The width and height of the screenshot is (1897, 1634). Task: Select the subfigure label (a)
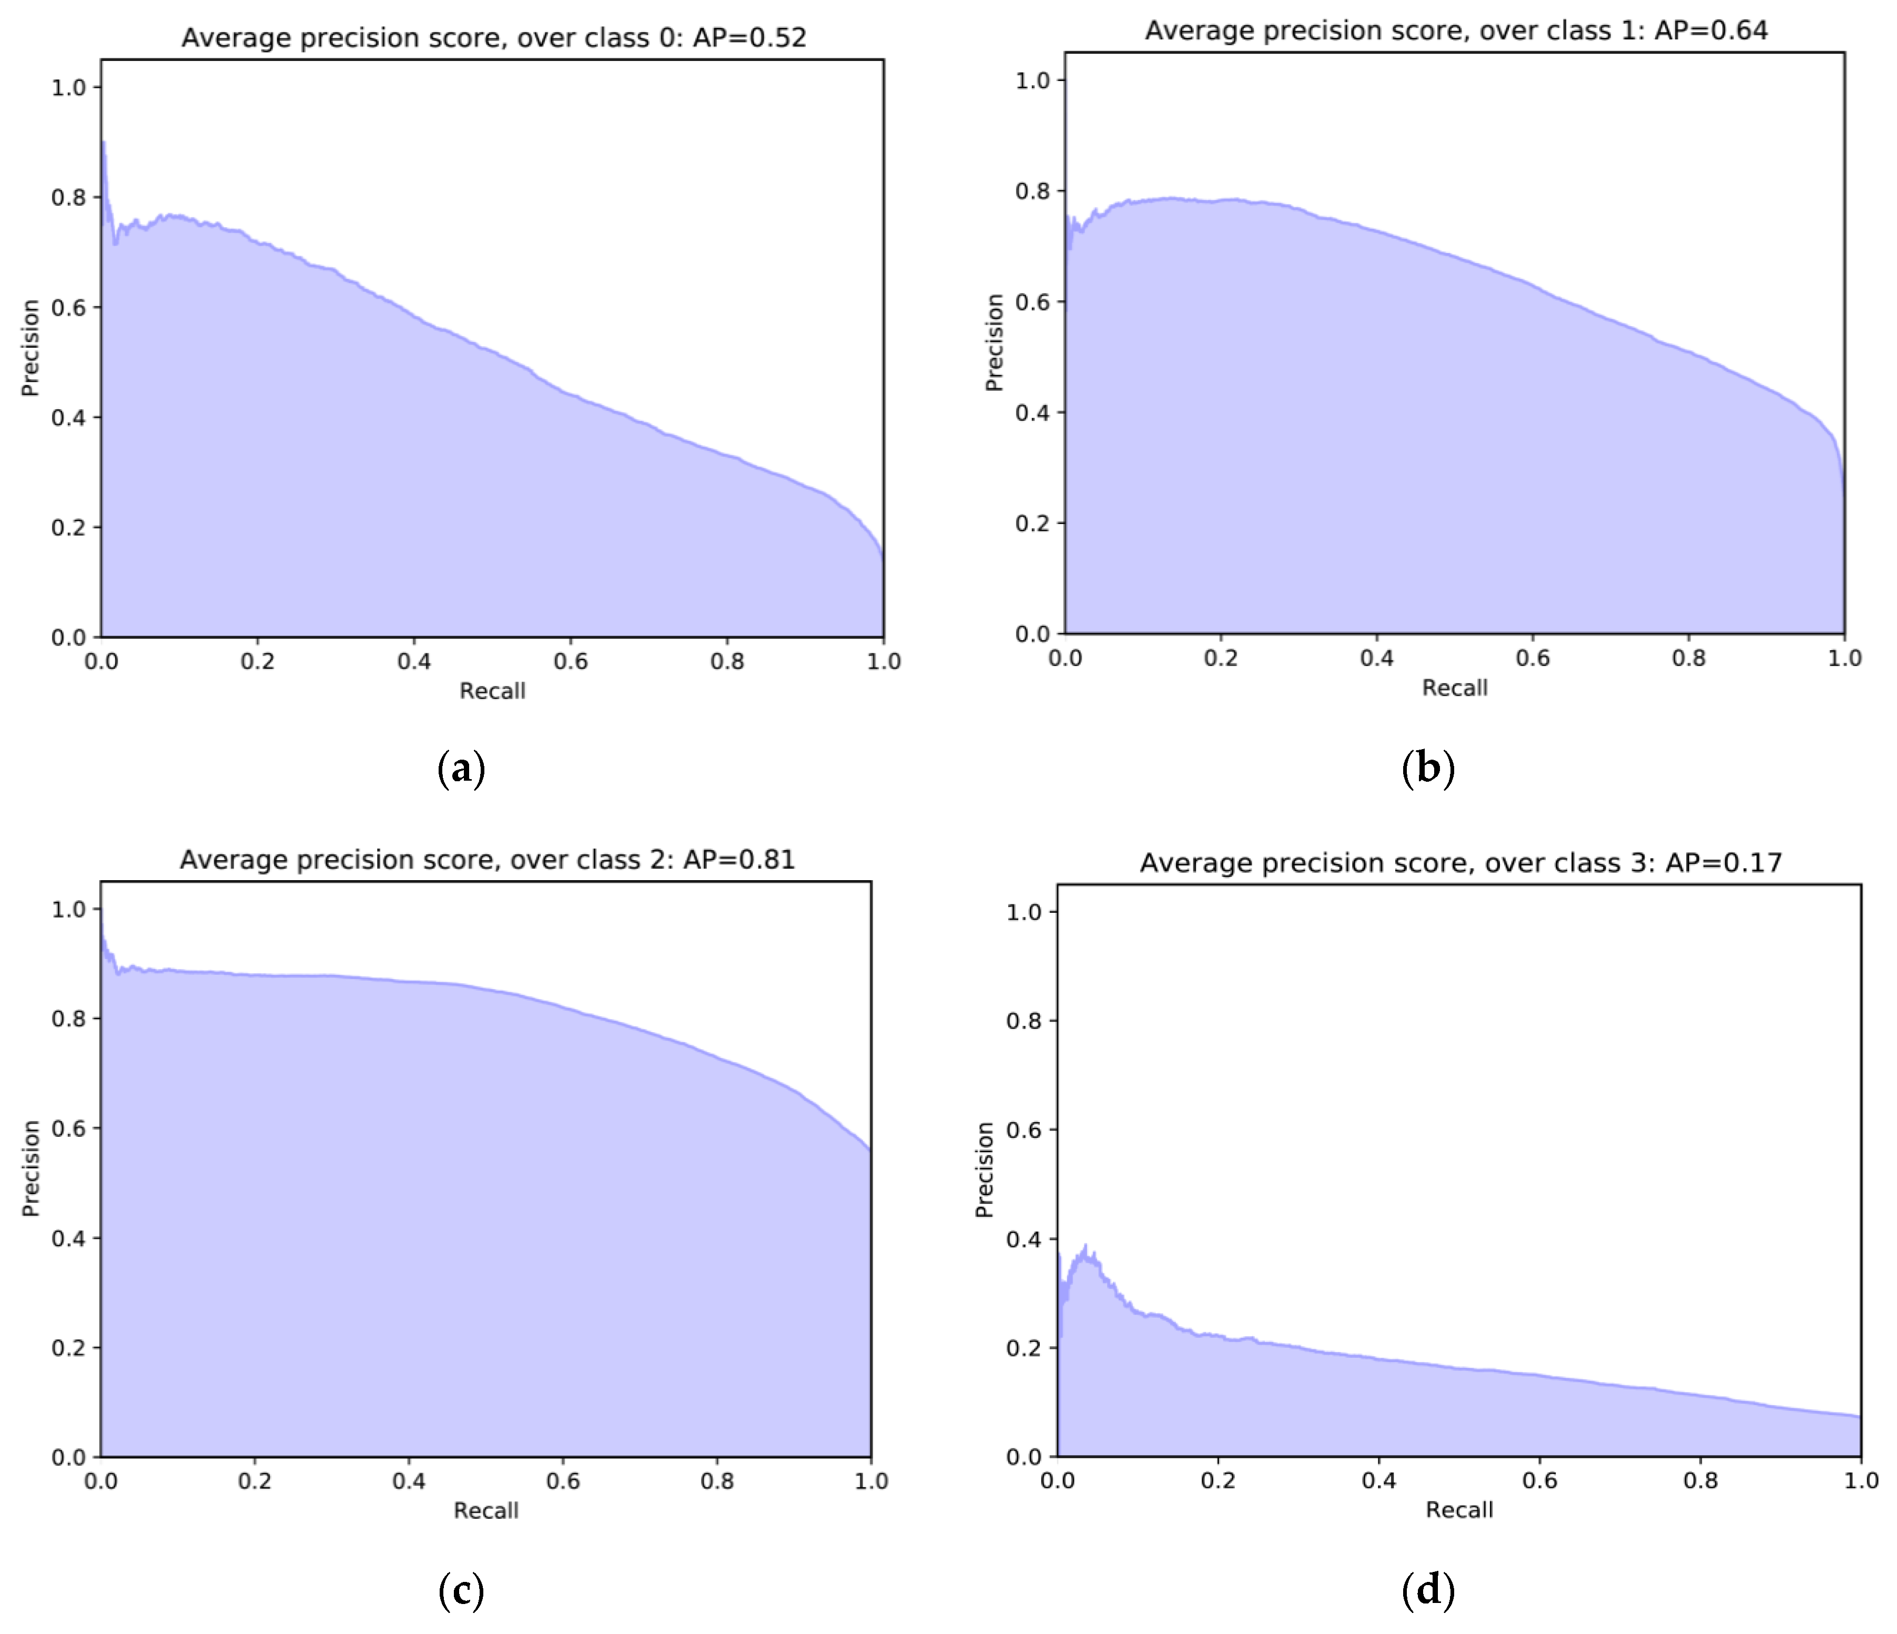461,768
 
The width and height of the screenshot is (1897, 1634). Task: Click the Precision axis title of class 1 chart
995,342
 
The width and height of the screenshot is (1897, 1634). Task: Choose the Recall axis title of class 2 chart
485,1510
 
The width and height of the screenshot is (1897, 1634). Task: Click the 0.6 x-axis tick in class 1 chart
1533,658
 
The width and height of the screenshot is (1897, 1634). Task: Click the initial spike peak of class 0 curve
104,143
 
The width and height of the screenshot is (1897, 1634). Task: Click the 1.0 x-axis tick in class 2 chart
871,1481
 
